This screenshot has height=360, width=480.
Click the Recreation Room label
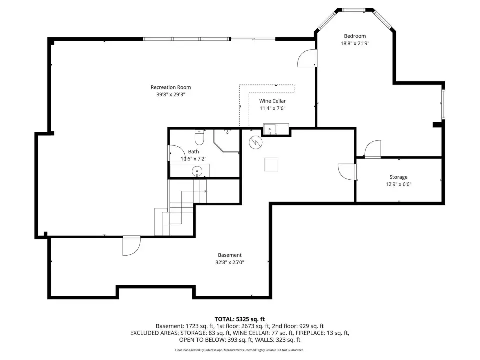(x=171, y=87)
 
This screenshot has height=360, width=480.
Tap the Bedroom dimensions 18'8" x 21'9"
(x=355, y=43)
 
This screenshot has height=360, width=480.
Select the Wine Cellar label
(x=272, y=101)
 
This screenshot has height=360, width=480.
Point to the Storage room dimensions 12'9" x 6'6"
(x=398, y=184)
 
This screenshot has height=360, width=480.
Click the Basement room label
(x=230, y=255)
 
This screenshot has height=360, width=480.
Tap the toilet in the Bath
(x=199, y=137)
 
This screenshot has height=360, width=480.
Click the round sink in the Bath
(x=197, y=171)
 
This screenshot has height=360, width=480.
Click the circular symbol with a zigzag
(x=255, y=142)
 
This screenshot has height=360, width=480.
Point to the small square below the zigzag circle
(x=271, y=164)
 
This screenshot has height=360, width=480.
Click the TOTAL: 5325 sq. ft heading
(x=239, y=319)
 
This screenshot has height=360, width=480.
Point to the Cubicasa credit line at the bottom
(x=239, y=350)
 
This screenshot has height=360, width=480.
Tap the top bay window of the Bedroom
(x=353, y=10)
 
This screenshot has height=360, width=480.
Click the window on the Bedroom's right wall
(x=443, y=104)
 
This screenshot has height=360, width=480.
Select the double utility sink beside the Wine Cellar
(x=276, y=129)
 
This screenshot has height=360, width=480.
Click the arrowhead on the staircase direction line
(x=205, y=191)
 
